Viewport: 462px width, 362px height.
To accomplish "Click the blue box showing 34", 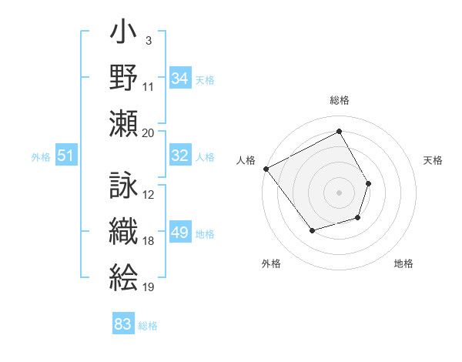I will coord(180,79).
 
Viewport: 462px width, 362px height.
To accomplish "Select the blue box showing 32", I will coord(180,156).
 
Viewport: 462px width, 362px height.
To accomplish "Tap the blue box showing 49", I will coord(180,233).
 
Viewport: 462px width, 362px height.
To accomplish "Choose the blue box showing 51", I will coord(65,156).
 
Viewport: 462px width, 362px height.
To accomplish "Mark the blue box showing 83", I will coord(123,324).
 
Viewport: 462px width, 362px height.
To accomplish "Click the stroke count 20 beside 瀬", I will coord(149,132).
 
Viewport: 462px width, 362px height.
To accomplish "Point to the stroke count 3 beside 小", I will coord(148,40).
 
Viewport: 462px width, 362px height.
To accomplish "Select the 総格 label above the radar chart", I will coord(340,100).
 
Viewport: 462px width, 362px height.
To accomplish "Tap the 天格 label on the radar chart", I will coord(433,160).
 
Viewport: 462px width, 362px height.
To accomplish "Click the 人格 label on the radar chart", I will coord(246,160).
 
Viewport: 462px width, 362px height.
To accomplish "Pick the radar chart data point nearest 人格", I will coord(266,169).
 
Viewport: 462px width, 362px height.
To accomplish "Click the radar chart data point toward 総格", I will coord(339,131).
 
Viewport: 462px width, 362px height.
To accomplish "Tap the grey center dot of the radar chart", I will coord(339,192).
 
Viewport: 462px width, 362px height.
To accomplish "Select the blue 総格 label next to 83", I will coord(148,325).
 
